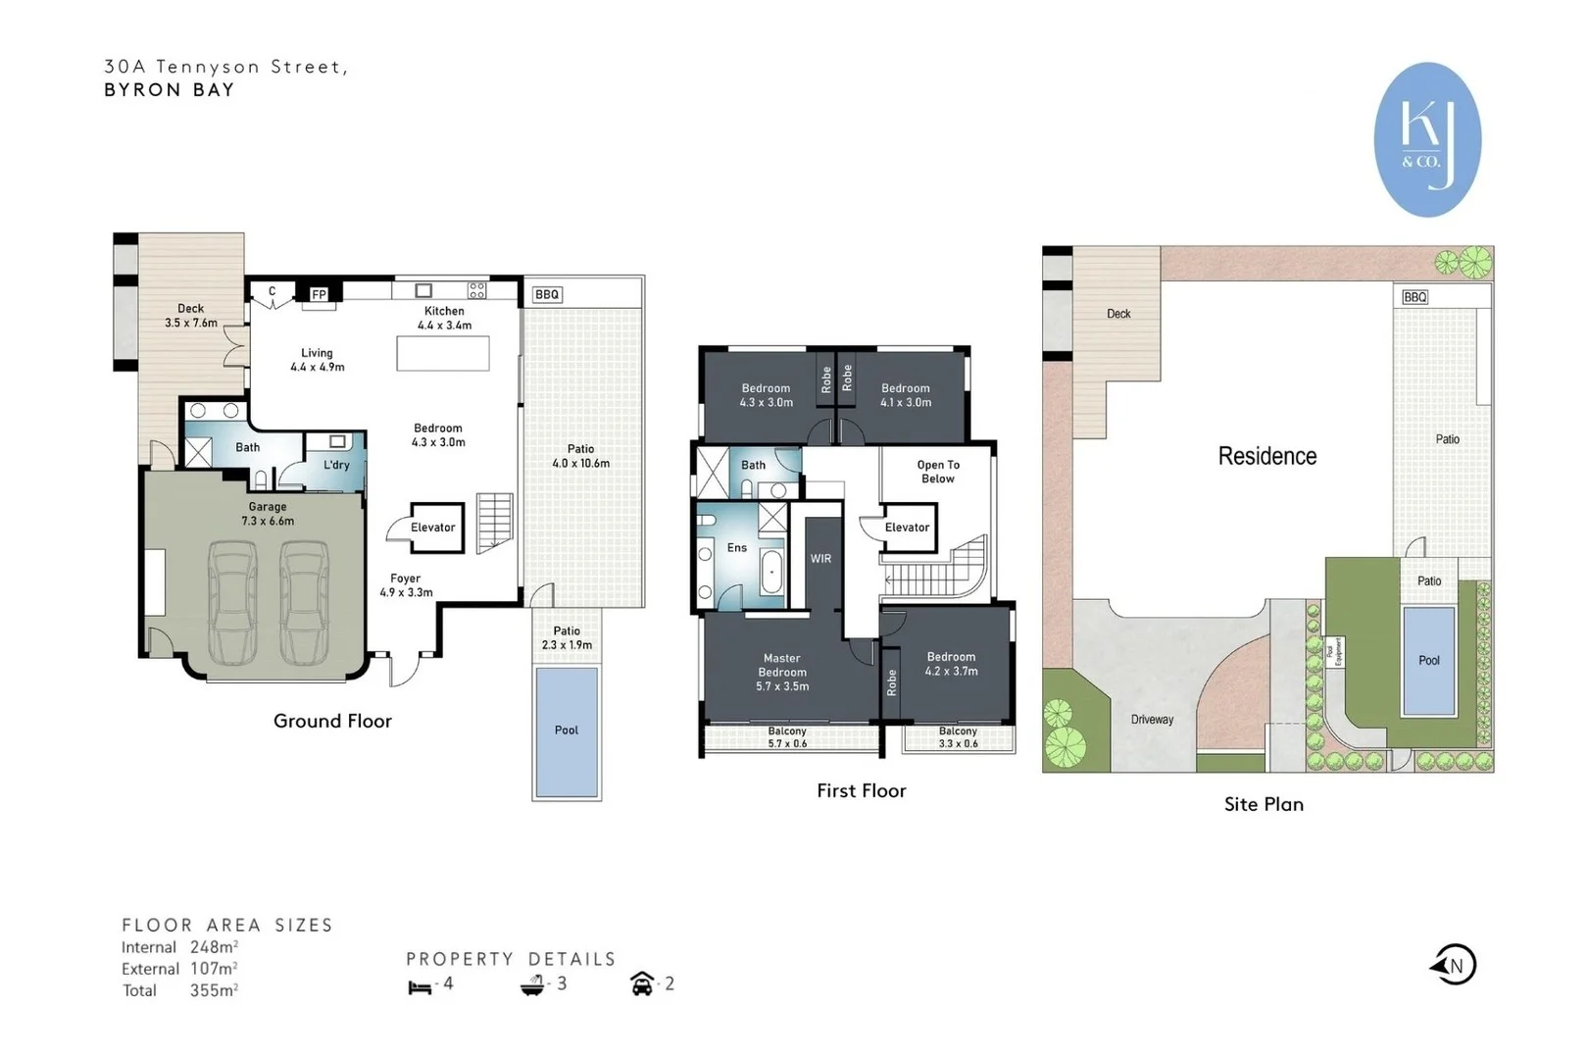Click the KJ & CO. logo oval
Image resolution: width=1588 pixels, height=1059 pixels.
point(1427,138)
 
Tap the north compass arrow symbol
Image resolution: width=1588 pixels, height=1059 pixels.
point(1454,965)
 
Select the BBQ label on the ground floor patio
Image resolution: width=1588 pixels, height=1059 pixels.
point(547,294)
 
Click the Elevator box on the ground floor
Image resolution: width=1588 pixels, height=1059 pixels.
point(435,528)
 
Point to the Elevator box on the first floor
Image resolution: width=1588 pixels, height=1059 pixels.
point(909,528)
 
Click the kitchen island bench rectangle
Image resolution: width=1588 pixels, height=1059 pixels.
point(443,353)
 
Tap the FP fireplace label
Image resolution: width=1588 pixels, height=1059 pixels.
point(319,294)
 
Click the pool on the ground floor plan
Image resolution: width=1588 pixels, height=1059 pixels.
point(567,731)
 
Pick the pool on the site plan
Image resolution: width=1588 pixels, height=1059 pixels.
point(1428,660)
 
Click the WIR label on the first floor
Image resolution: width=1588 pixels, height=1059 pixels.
point(820,559)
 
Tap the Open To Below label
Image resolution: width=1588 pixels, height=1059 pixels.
point(938,472)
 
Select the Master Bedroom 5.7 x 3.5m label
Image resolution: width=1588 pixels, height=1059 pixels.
point(782,673)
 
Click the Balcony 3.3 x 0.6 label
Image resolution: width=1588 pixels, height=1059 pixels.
point(958,737)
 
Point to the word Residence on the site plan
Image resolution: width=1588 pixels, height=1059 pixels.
point(1266,456)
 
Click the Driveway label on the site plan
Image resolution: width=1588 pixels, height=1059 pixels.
point(1152,720)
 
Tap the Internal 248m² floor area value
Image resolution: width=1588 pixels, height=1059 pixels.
point(213,947)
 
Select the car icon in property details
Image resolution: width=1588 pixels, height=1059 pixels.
point(642,983)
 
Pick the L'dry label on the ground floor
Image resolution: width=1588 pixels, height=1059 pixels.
point(336,465)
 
